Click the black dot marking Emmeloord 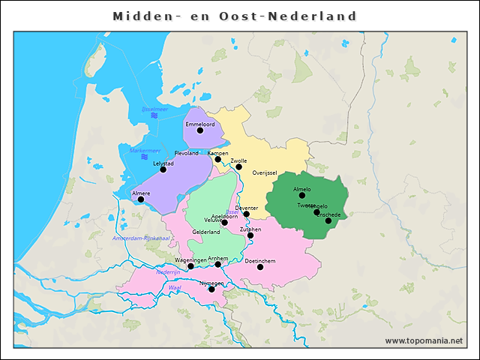199,130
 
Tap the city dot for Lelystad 163,169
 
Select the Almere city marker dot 140,199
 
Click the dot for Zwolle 238,166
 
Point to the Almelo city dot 302,195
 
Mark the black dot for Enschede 328,220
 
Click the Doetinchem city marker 260,266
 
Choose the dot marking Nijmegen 211,289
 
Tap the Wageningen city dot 190,266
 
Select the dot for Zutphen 250,235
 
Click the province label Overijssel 265,172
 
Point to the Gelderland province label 206,232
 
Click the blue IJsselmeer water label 154,109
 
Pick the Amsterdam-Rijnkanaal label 141,238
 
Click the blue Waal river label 175,287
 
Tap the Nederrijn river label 168,272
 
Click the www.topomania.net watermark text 424,340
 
